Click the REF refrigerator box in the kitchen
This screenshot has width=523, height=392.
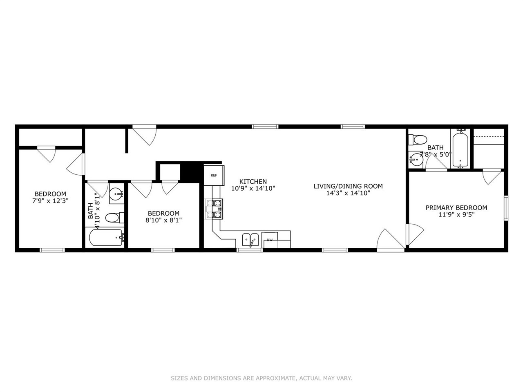coord(214,175)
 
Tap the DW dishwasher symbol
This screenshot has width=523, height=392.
coord(270,240)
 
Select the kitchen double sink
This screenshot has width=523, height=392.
coord(250,239)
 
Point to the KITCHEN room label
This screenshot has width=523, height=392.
coord(253,182)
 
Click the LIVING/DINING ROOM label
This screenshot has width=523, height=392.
coord(348,186)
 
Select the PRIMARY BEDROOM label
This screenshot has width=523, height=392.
coord(456,207)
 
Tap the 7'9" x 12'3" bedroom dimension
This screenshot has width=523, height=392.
coord(50,201)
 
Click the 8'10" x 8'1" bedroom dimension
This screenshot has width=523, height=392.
coord(163,220)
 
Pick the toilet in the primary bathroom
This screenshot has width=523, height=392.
coord(418,140)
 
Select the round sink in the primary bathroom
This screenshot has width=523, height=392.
coord(416,159)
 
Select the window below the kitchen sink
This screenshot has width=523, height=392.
coord(250,249)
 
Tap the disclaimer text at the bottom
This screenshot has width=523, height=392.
coord(261,379)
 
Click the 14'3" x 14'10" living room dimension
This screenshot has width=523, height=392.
coord(348,194)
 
